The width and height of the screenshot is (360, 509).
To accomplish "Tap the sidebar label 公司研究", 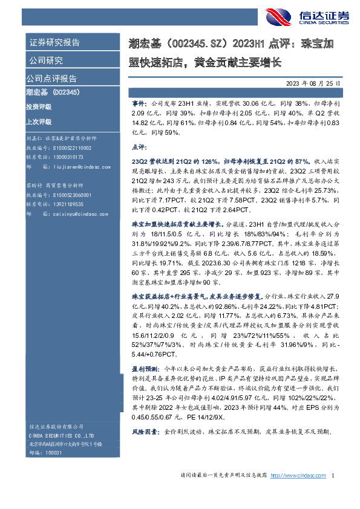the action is (x=45, y=60).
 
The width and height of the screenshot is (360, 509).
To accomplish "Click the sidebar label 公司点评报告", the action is (x=51, y=79).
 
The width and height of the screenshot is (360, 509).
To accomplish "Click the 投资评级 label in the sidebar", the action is (x=39, y=106).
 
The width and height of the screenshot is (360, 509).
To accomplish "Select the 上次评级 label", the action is (x=39, y=121).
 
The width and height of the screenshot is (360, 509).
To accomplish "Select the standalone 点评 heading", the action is (x=138, y=147).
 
